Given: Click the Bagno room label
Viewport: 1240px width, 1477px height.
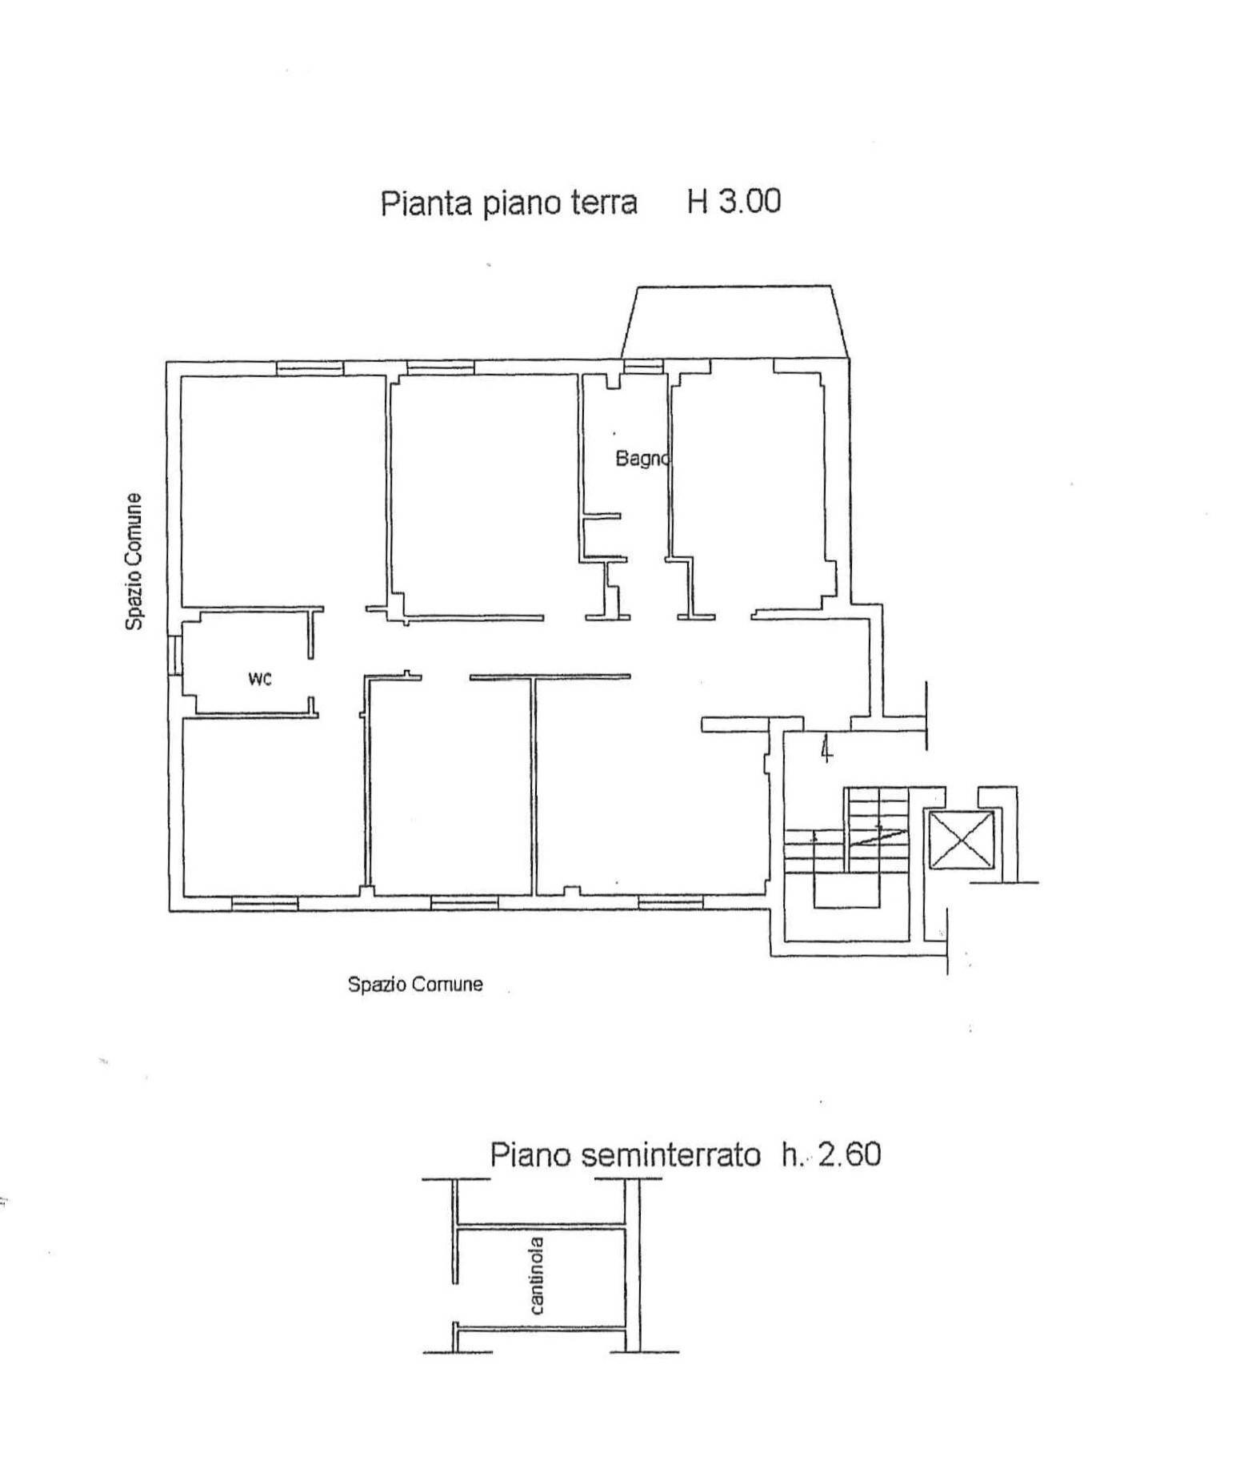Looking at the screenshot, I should tap(641, 460).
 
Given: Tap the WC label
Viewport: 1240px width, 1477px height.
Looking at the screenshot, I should tap(259, 680).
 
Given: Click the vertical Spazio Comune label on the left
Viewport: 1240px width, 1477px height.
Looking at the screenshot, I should tap(134, 561).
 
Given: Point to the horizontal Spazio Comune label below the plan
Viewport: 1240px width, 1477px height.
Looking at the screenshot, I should tap(414, 984).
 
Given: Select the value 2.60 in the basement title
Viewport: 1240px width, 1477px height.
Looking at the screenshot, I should tap(849, 1154).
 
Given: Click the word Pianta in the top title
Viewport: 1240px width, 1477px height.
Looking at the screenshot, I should tap(426, 203).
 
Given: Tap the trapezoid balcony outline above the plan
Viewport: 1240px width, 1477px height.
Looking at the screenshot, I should tap(734, 320).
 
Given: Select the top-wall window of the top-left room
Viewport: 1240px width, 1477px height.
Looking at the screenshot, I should tap(310, 368).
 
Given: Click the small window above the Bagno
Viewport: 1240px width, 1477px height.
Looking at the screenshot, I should tap(643, 367).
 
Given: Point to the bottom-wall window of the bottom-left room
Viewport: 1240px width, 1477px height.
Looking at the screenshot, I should tap(264, 902).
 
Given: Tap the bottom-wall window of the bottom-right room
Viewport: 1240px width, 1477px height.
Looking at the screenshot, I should tap(670, 902).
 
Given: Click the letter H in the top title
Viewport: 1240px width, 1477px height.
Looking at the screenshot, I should tap(698, 201).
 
